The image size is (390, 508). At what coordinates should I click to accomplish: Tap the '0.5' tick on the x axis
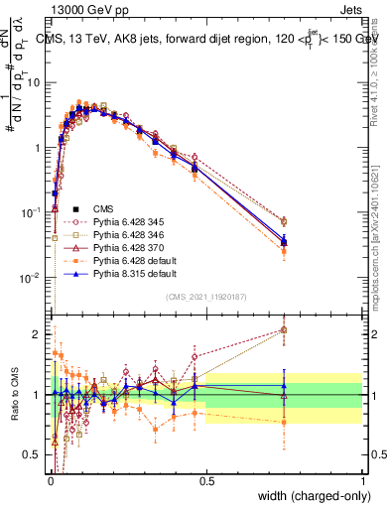(x=206, y=480)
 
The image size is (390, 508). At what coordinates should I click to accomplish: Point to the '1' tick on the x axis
(x=363, y=480)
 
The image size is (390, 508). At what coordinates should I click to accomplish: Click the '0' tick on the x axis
(x=50, y=480)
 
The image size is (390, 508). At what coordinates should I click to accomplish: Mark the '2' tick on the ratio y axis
(x=40, y=333)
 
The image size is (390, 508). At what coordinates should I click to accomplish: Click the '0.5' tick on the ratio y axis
(x=36, y=455)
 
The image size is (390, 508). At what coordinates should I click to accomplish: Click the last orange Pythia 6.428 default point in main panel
(x=285, y=251)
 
